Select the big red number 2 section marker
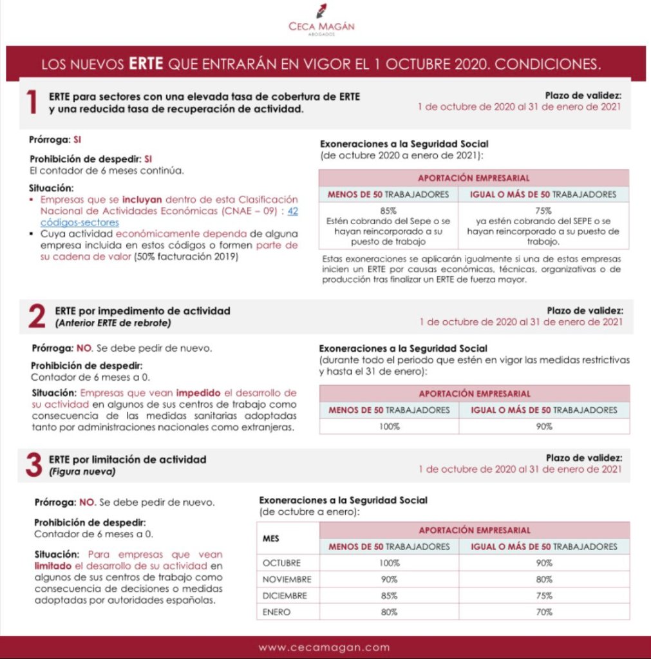[35, 316]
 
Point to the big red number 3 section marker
[33, 465]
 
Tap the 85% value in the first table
[388, 210]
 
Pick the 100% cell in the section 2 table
[389, 426]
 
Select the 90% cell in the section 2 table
[544, 426]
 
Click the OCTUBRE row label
[281, 563]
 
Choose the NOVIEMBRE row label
[287, 579]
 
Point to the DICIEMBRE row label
[285, 596]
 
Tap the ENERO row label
[277, 612]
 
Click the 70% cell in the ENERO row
[544, 612]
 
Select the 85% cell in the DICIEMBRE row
[389, 596]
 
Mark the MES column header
[271, 538]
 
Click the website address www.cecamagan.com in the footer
[325, 647]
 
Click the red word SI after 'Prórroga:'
[77, 138]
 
